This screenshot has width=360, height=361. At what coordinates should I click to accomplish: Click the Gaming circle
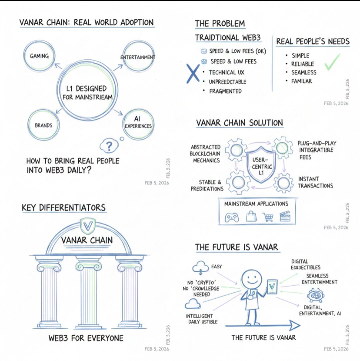click(x=39, y=56)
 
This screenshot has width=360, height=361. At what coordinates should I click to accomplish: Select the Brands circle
click(x=44, y=125)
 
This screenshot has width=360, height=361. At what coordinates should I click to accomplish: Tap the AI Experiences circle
click(x=139, y=123)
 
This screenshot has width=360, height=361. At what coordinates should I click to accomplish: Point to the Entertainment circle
click(x=138, y=57)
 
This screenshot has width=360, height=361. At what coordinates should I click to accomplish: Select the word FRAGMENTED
click(x=225, y=91)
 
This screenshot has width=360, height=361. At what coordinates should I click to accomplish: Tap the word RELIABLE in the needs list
click(x=303, y=64)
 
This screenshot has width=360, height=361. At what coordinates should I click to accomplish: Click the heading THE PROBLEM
click(x=220, y=24)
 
